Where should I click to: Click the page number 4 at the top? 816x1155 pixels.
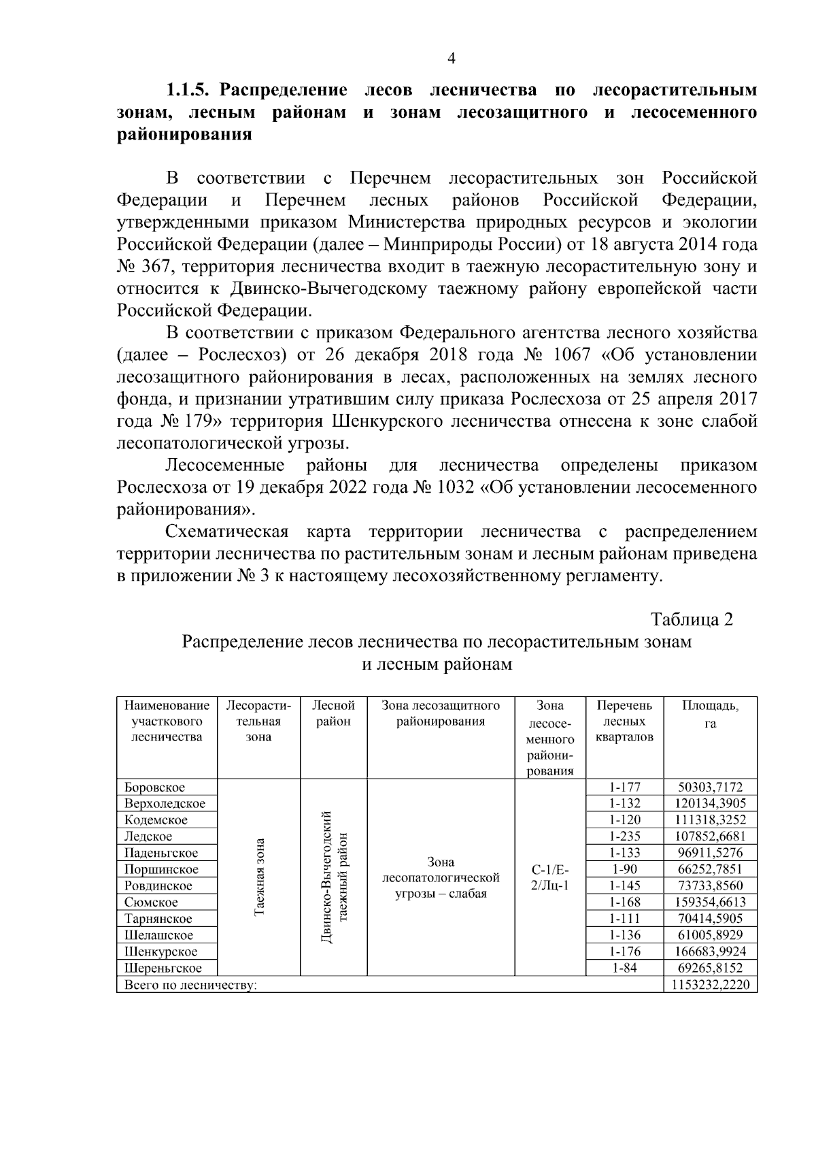coord(451,59)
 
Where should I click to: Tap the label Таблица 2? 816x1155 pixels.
coord(692,619)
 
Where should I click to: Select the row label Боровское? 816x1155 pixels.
coord(154,787)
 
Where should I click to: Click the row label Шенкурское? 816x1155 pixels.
coord(160,951)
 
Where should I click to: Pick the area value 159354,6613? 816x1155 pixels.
coord(710,902)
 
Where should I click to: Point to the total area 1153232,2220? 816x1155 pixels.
coord(710,985)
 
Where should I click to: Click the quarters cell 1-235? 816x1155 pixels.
coord(624,836)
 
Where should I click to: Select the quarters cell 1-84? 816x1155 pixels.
coord(624,968)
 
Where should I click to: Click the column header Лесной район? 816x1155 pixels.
coord(333,713)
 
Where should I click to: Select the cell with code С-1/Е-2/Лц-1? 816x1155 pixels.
coord(550,878)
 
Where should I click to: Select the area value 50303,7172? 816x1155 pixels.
coord(710,787)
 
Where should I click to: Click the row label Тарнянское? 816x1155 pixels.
coord(158,919)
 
